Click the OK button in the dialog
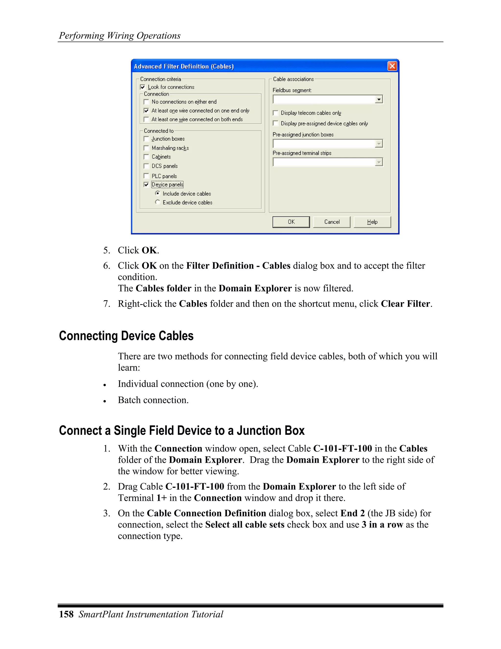tap(291, 222)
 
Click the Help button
tap(372, 222)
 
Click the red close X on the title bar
tap(392, 66)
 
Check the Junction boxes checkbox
tap(146, 139)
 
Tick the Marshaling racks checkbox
tap(146, 148)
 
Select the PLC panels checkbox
tap(146, 176)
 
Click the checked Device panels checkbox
tap(146, 185)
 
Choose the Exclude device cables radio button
tap(158, 202)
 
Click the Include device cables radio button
tap(158, 193)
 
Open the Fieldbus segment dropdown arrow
tap(379, 99)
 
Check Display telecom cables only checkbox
tap(275, 113)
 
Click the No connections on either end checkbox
tap(146, 102)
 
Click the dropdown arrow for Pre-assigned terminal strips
tap(379, 162)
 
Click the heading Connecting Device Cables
tap(126, 336)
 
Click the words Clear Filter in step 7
tap(405, 304)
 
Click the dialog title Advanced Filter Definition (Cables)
tap(184, 66)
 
